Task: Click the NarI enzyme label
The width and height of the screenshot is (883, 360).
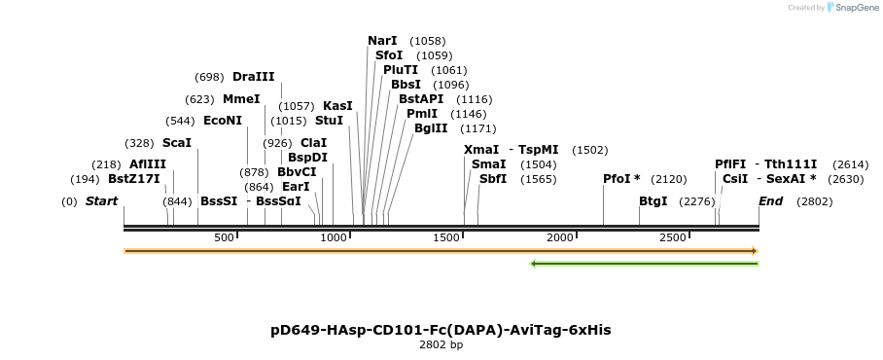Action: (382, 41)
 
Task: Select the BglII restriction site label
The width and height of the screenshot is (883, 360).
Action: (431, 128)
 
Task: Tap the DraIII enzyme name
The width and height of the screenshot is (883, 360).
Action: (254, 77)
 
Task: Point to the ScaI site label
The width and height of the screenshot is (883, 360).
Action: (177, 143)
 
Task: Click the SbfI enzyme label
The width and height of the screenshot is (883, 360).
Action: (493, 179)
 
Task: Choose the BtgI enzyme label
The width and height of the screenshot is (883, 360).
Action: (653, 201)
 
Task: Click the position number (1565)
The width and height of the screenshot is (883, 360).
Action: (538, 180)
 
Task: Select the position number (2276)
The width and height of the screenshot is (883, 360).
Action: (697, 201)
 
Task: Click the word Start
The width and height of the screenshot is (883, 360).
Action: (101, 201)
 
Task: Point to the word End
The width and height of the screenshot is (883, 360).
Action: (770, 201)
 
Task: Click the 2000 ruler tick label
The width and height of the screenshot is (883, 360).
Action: (561, 237)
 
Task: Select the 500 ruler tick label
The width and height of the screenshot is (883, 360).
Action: (224, 237)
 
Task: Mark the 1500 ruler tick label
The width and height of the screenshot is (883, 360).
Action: (447, 237)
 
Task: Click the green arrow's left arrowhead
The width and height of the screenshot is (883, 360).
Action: (533, 264)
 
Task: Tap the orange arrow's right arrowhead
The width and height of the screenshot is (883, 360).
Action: (756, 251)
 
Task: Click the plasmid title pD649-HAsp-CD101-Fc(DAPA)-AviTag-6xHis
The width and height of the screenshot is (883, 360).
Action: (441, 330)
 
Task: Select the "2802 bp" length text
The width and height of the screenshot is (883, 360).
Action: (441, 344)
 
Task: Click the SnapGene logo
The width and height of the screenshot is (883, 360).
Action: (853, 8)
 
